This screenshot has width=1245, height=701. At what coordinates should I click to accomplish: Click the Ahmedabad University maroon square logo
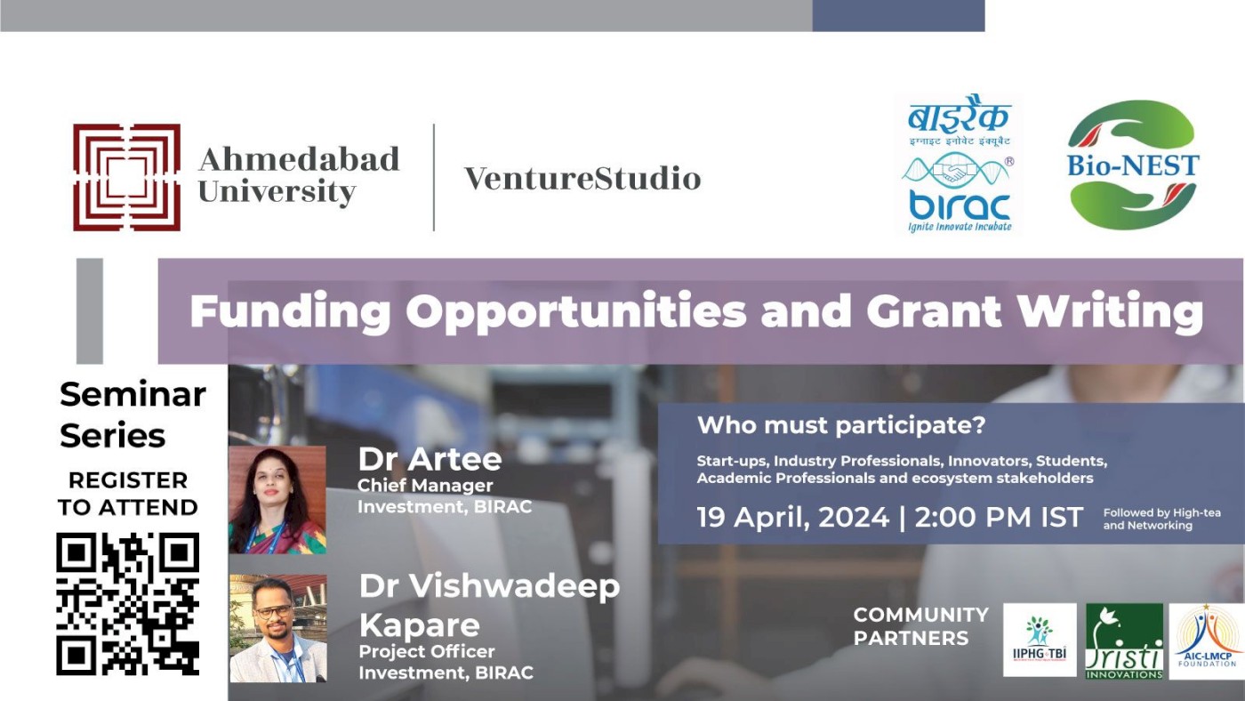tap(126, 177)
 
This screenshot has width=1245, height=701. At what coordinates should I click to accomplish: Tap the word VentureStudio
tap(582, 179)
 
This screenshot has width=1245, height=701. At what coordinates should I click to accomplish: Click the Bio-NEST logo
tap(1133, 165)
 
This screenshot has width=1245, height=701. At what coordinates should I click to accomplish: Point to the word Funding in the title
tap(290, 312)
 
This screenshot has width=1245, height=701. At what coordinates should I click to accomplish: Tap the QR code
tap(127, 604)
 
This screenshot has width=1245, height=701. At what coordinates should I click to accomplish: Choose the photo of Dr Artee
tap(277, 499)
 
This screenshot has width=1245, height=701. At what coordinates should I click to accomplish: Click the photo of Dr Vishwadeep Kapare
tap(277, 628)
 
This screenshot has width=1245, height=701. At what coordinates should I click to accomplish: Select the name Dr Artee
tap(430, 459)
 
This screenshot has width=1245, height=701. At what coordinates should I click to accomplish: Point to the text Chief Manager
tap(425, 486)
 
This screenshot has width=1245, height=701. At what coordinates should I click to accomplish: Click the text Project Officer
tap(426, 651)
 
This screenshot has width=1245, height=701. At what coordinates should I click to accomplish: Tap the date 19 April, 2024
tap(793, 518)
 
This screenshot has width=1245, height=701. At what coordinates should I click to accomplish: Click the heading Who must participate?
tap(841, 425)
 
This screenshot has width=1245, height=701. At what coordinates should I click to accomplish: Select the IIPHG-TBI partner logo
tap(1040, 641)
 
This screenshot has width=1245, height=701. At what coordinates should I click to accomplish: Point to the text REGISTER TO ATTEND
tap(128, 494)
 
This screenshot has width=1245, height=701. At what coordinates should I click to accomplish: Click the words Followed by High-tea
tap(1161, 513)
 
